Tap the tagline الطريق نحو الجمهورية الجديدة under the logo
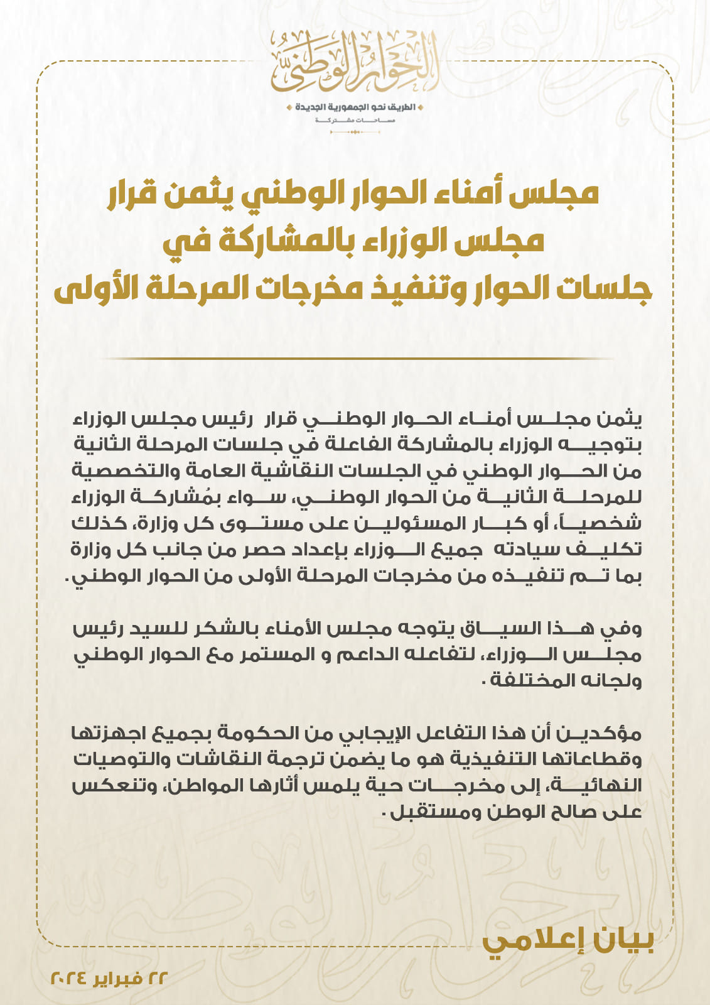point(355,107)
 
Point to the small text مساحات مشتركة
point(355,119)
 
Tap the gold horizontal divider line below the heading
point(355,359)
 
